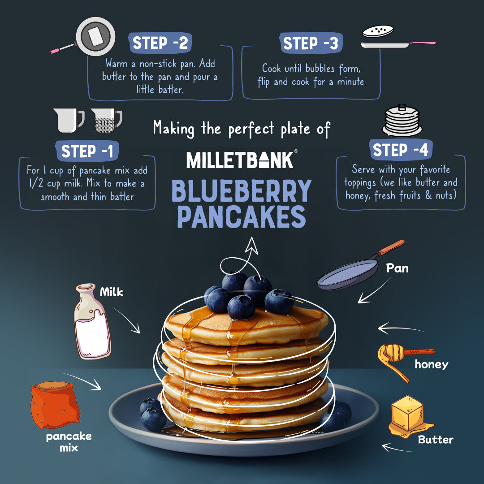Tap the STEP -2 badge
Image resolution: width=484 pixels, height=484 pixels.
pos(160,43)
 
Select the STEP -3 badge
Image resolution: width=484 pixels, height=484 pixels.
pos(311,43)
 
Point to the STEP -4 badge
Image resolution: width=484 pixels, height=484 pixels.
pos(401,150)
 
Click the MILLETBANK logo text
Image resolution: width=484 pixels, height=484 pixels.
pos(240,160)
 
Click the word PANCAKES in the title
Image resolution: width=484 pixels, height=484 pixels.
pos(242,217)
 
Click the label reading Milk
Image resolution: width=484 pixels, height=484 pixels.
pos(111,293)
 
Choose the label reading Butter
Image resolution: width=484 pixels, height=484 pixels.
pos(436,440)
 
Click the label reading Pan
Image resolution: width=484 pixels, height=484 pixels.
pos(397,268)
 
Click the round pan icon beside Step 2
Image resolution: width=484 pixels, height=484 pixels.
pos(95,37)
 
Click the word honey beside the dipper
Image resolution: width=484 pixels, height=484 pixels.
pos(431,364)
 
